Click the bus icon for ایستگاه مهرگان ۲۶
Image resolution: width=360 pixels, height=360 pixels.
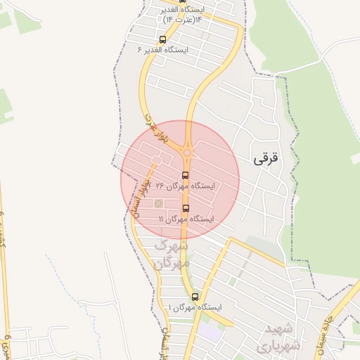tap(185, 175)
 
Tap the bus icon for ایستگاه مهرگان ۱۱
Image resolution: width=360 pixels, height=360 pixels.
tap(186, 208)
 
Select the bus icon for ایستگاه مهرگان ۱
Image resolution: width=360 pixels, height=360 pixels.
tap(195, 297)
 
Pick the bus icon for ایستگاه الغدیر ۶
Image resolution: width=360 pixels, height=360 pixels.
tap(163, 39)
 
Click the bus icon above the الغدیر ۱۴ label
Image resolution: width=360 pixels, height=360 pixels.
tap(163, 1)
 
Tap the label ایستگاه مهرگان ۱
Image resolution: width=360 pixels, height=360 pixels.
tap(195, 308)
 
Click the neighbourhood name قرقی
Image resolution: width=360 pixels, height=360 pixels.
tap(265, 159)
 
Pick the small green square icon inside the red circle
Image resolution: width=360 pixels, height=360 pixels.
tap(158, 203)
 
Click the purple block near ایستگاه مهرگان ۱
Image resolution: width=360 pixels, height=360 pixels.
tap(209, 329)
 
